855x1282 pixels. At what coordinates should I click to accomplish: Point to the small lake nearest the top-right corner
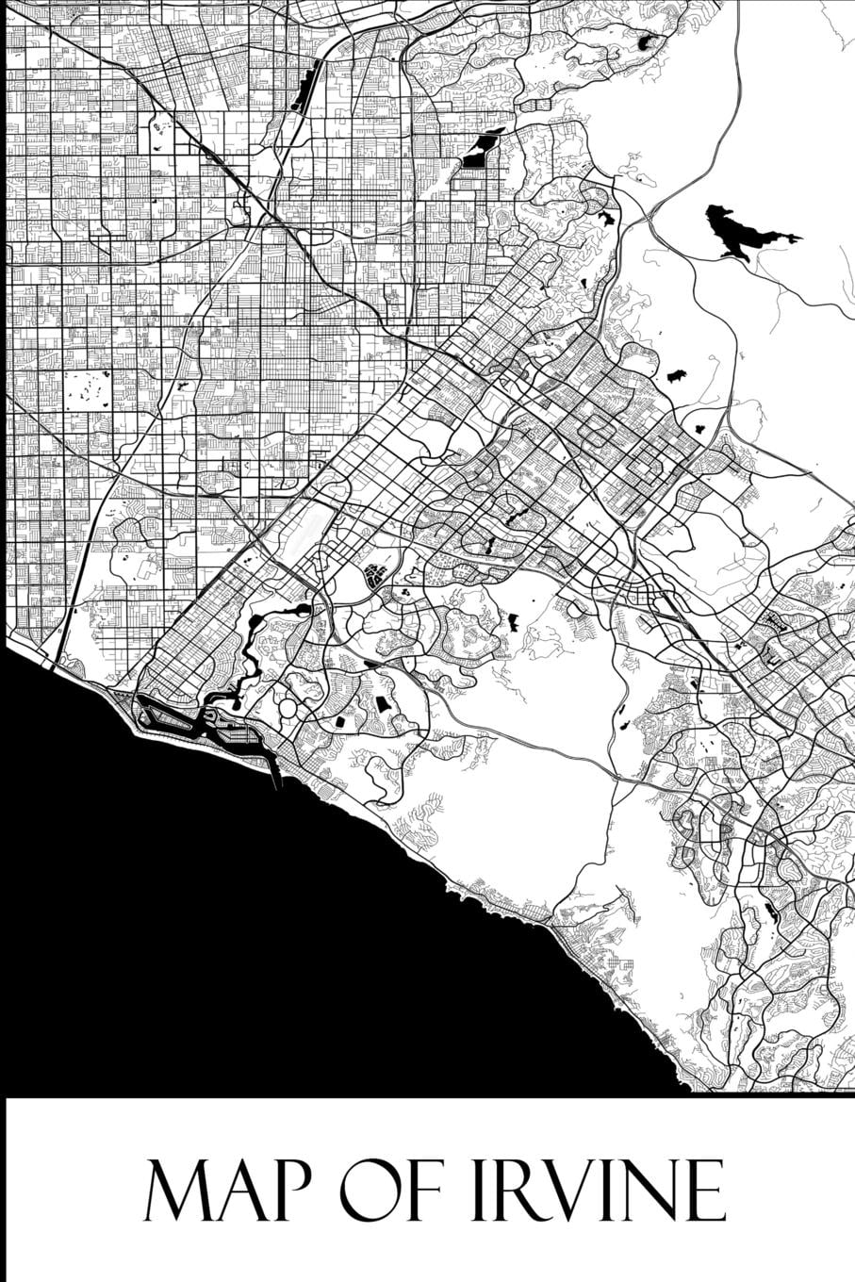pyautogui.click(x=647, y=42)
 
